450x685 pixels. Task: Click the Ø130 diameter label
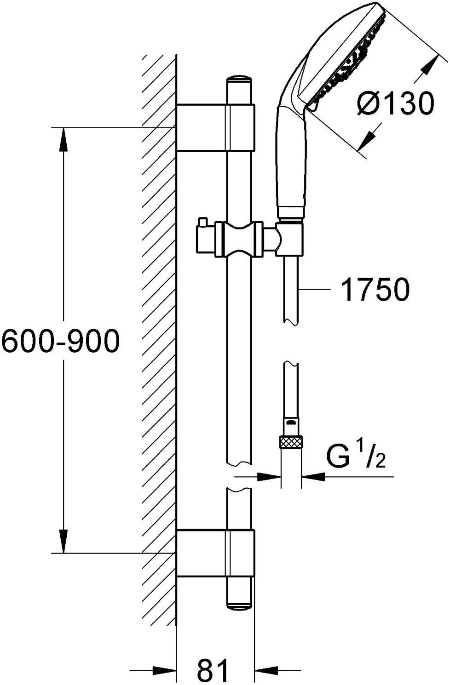395,103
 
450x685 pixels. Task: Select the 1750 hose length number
375,289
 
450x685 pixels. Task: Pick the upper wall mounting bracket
215,127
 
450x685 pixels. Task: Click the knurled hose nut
290,443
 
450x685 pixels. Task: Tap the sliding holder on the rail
239,240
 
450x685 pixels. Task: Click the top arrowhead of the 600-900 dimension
63,139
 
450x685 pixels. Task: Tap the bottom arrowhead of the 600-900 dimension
63,541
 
